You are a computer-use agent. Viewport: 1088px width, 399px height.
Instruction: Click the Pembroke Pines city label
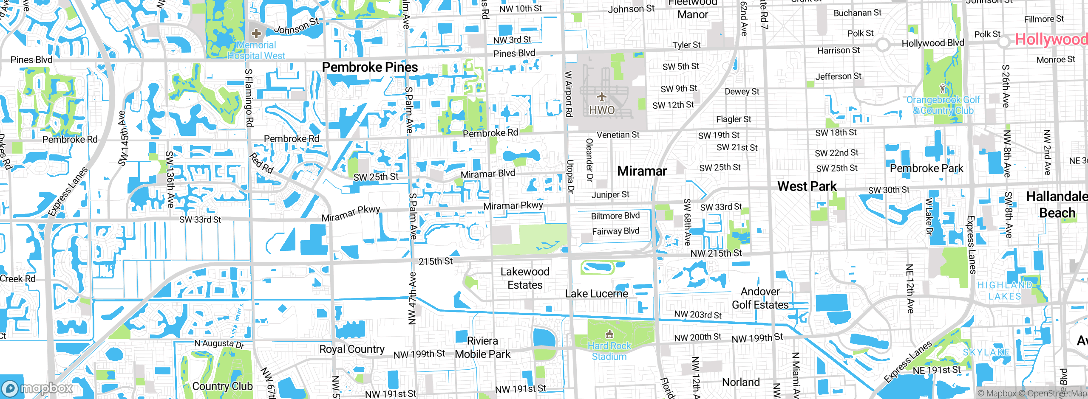click(x=370, y=67)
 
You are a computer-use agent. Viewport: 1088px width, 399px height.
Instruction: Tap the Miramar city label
click(x=642, y=171)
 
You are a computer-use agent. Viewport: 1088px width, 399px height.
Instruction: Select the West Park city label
click(x=807, y=186)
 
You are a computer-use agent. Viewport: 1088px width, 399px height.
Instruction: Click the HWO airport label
click(x=602, y=110)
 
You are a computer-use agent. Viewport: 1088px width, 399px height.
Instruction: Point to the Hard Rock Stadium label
click(x=609, y=351)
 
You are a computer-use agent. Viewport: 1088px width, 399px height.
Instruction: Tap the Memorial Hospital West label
click(x=256, y=51)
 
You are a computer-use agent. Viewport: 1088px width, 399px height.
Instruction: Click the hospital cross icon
click(x=256, y=33)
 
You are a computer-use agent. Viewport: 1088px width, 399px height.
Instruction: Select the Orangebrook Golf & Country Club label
click(x=943, y=105)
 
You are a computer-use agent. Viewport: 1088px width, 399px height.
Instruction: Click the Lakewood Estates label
click(x=525, y=278)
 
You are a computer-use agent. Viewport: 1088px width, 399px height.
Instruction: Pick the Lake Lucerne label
click(x=596, y=294)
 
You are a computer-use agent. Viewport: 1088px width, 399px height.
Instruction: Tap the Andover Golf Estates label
click(x=760, y=298)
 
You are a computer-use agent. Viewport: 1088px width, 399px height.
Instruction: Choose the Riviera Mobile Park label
click(x=482, y=348)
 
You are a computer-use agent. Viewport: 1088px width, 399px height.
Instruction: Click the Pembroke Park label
click(x=926, y=169)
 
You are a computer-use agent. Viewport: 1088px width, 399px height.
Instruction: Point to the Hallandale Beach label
click(x=1057, y=205)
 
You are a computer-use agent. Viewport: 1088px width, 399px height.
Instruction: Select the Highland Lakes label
click(x=1005, y=291)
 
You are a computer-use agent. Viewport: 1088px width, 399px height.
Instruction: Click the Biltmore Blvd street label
click(x=615, y=216)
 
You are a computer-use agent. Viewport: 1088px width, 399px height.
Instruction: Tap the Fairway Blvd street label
click(x=615, y=231)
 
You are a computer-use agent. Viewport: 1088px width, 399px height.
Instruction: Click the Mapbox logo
click(x=37, y=388)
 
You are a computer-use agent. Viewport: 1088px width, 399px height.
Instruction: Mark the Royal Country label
click(x=352, y=349)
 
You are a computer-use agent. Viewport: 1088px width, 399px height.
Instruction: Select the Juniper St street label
click(x=610, y=195)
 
